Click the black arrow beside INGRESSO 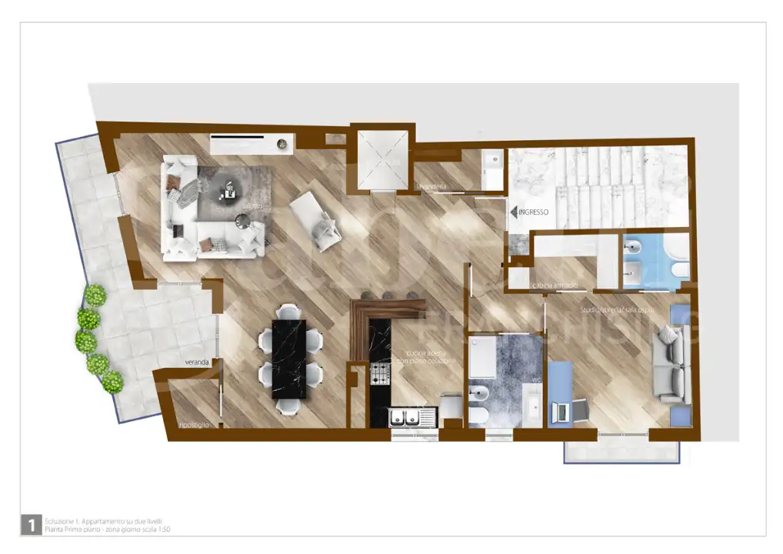[x=513, y=210]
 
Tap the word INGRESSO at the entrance [x=533, y=210]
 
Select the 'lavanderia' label [x=432, y=187]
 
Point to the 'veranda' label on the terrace [x=197, y=362]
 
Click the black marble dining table [x=289, y=359]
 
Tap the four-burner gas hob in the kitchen [x=381, y=374]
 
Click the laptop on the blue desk [x=561, y=412]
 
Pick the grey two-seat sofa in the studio [x=669, y=363]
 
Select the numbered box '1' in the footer [x=30, y=525]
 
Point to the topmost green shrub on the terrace [x=95, y=295]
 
